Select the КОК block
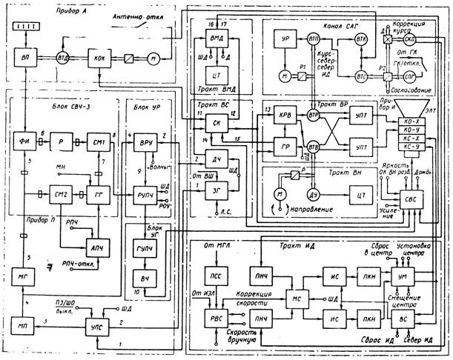pos(99,57)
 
